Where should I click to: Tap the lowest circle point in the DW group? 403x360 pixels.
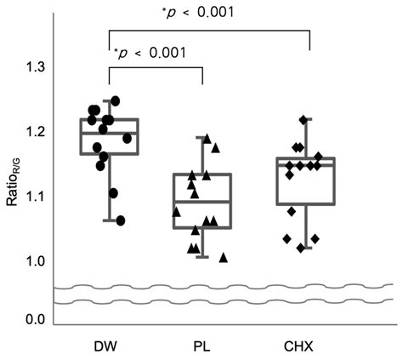point(120,220)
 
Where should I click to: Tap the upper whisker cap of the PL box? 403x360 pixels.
point(202,137)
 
